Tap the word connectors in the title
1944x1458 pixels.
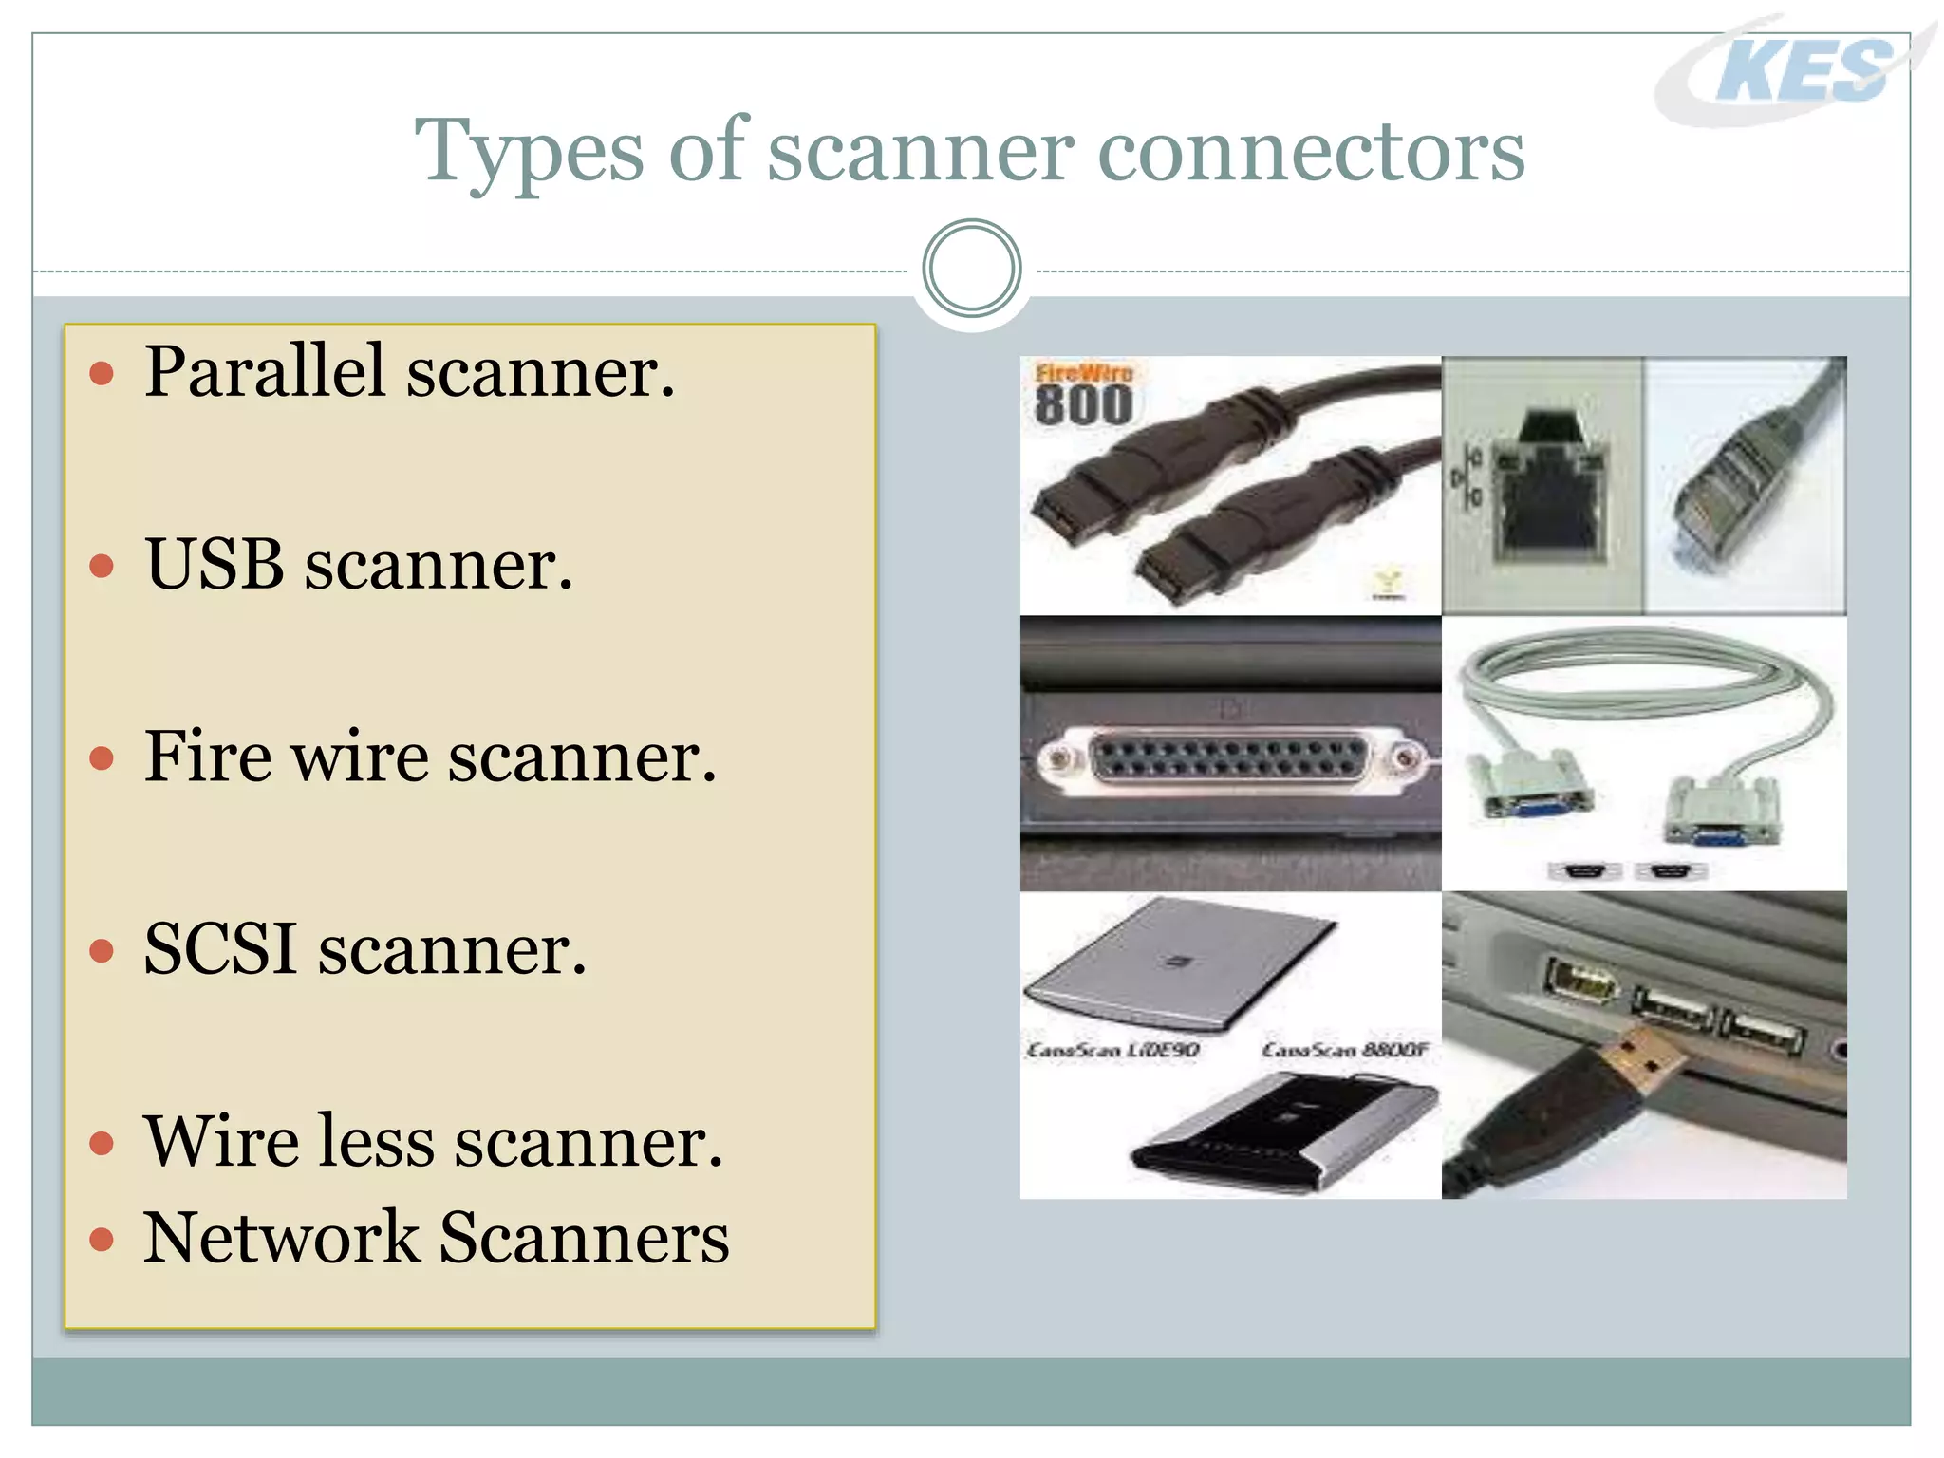coord(1310,152)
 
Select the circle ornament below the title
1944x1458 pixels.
coord(971,269)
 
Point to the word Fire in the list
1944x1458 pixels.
coord(208,757)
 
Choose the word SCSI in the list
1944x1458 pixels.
coord(220,948)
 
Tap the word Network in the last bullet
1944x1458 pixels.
coord(281,1238)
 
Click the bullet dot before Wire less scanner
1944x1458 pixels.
coord(102,1143)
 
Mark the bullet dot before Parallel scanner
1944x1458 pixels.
coord(102,373)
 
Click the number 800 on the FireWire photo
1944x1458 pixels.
coord(1083,405)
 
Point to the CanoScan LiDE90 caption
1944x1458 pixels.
coord(1112,1050)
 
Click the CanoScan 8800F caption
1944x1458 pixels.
coord(1344,1050)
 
